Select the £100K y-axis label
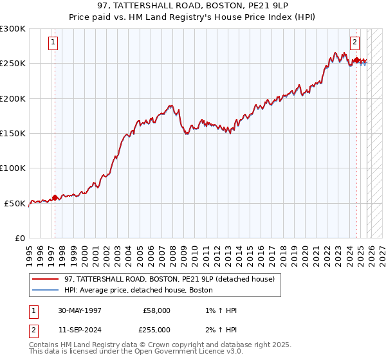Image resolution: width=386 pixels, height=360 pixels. click(14, 168)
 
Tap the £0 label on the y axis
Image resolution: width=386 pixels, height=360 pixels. click(20, 238)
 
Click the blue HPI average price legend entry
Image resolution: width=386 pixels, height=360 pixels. click(138, 291)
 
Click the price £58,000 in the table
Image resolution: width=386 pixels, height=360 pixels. click(156, 310)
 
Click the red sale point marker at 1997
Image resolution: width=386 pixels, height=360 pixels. click(55, 197)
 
